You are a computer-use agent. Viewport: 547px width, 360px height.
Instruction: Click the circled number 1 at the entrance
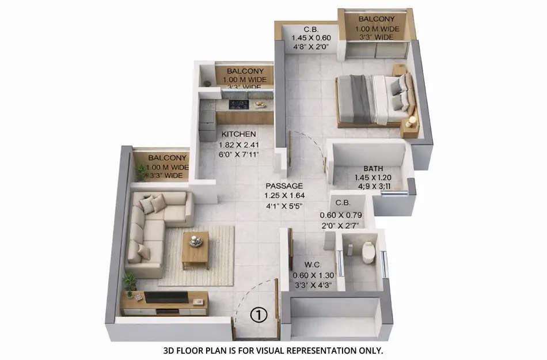point(260,315)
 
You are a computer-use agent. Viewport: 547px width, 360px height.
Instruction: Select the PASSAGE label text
point(284,186)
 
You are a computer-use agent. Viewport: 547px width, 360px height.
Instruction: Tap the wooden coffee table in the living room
point(195,249)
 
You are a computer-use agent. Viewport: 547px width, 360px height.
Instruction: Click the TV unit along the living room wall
point(165,302)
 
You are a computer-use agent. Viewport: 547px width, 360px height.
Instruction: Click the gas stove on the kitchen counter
point(238,105)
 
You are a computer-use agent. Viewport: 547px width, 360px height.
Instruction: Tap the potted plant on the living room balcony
point(140,172)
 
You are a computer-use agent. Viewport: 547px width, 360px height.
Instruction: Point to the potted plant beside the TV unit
point(130,282)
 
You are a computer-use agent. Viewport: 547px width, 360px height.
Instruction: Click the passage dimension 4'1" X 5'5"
point(284,206)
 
